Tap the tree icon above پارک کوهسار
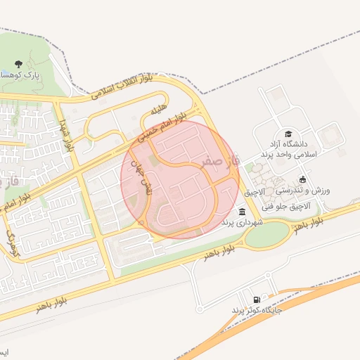[x=18, y=64]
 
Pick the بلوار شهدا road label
[x=67, y=136]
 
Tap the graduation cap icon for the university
[x=288, y=134]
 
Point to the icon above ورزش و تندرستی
[x=302, y=179]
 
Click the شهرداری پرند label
[x=242, y=222]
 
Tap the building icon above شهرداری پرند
[x=242, y=212]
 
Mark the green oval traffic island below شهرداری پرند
[x=266, y=233]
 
